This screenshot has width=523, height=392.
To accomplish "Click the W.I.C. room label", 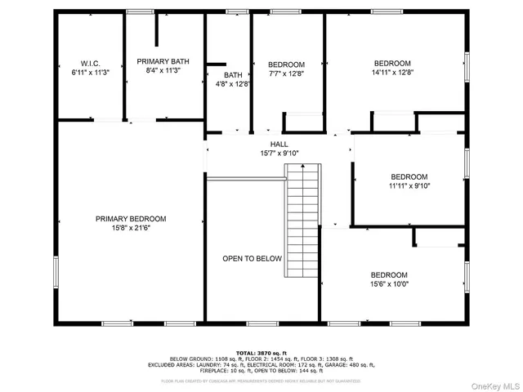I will coord(90,63).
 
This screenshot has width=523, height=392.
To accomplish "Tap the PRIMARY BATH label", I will coord(162,61).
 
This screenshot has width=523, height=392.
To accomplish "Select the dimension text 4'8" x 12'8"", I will coord(234,83).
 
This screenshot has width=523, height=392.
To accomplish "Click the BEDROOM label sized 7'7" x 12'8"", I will coord(286,65).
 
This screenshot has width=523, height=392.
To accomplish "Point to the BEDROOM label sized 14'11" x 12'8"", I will coord(392,63).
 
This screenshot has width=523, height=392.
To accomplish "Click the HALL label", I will coord(279,144).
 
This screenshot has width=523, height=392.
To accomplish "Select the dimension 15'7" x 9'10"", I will coord(279,153).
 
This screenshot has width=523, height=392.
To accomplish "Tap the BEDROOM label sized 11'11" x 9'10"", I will coord(409,177).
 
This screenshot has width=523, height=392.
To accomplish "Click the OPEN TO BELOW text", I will coord(252,259).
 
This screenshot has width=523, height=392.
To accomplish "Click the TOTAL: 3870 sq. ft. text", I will coord(261,352).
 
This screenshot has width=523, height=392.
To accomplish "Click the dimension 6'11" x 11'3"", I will coord(90,72).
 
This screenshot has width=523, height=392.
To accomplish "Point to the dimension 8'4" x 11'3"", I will coord(162,71).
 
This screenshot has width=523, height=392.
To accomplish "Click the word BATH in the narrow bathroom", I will coord(234,74).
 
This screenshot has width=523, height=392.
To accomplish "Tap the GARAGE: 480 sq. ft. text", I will coord(352,365).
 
